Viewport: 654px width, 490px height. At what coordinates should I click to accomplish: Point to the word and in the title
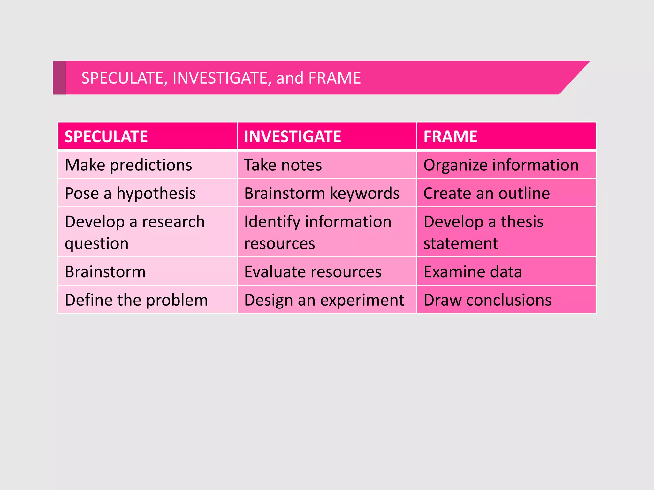click(290, 78)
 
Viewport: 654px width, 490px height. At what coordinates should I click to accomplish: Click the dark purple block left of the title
click(59, 78)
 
